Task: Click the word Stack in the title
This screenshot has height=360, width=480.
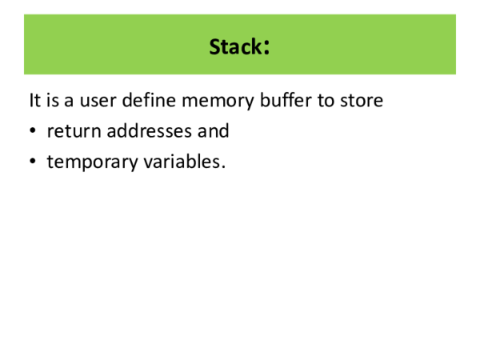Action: [234, 47]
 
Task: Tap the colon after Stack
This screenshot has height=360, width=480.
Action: [265, 47]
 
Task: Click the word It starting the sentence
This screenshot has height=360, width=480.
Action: [34, 102]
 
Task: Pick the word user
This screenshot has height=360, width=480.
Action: [98, 102]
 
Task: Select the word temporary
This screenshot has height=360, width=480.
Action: [92, 162]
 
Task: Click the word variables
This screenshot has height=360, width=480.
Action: [181, 161]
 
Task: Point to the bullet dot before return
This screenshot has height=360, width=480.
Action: [32, 131]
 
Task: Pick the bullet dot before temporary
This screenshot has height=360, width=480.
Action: [32, 161]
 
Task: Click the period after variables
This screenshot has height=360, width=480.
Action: [223, 166]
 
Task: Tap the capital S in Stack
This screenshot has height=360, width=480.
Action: [215, 47]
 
